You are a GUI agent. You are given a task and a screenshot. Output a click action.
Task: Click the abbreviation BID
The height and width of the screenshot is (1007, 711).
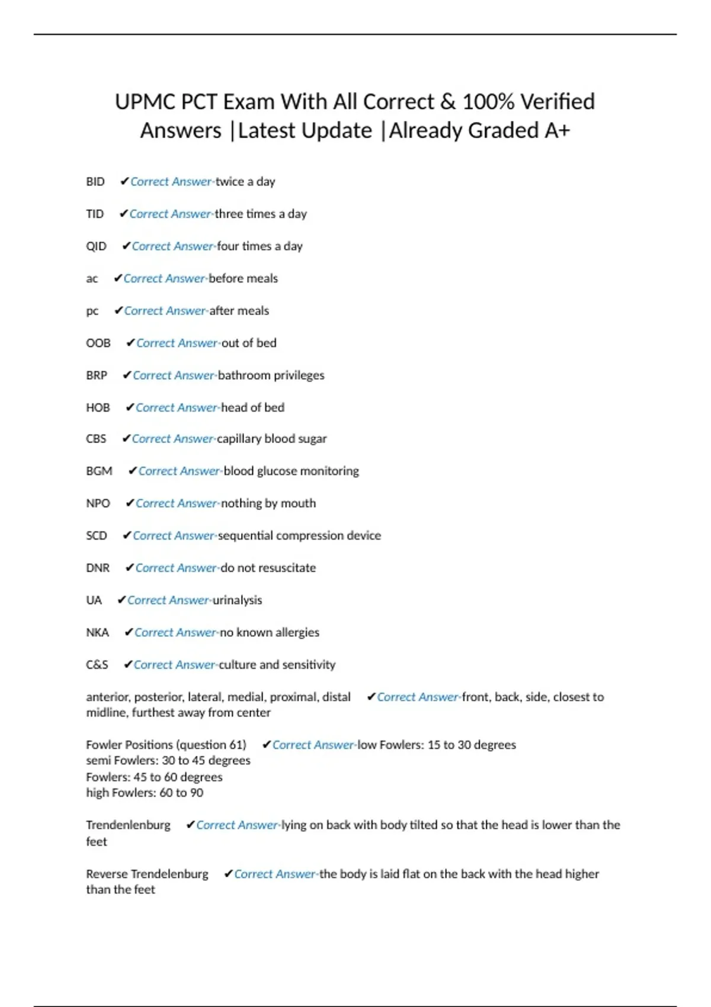tap(95, 182)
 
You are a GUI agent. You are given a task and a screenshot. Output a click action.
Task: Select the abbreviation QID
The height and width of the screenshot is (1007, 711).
tap(97, 246)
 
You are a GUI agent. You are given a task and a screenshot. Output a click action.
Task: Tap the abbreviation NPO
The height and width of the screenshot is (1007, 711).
tap(98, 504)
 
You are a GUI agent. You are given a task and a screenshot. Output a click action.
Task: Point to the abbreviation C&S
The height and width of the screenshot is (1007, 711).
tap(97, 665)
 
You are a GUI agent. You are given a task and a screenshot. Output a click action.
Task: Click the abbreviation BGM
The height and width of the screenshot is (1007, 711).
tap(99, 471)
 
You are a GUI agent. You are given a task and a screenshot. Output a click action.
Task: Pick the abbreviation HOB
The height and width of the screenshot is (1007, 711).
tap(98, 408)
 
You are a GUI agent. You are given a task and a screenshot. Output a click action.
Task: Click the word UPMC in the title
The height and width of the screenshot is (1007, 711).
tap(145, 102)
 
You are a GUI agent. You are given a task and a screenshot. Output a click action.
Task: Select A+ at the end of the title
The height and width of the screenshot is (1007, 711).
tap(556, 130)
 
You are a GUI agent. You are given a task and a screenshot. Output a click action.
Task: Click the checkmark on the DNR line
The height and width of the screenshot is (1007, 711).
tap(130, 567)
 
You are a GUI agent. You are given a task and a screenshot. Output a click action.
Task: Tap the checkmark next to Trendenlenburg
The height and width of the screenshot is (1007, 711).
tap(190, 825)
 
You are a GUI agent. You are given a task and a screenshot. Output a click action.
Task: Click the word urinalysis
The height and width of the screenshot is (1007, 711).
tap(237, 600)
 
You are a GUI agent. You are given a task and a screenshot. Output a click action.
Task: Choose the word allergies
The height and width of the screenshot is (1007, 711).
tap(297, 632)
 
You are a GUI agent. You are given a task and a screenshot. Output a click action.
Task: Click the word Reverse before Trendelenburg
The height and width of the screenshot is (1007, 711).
tap(107, 874)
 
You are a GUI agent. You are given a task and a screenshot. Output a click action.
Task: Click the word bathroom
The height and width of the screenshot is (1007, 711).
tap(244, 375)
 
